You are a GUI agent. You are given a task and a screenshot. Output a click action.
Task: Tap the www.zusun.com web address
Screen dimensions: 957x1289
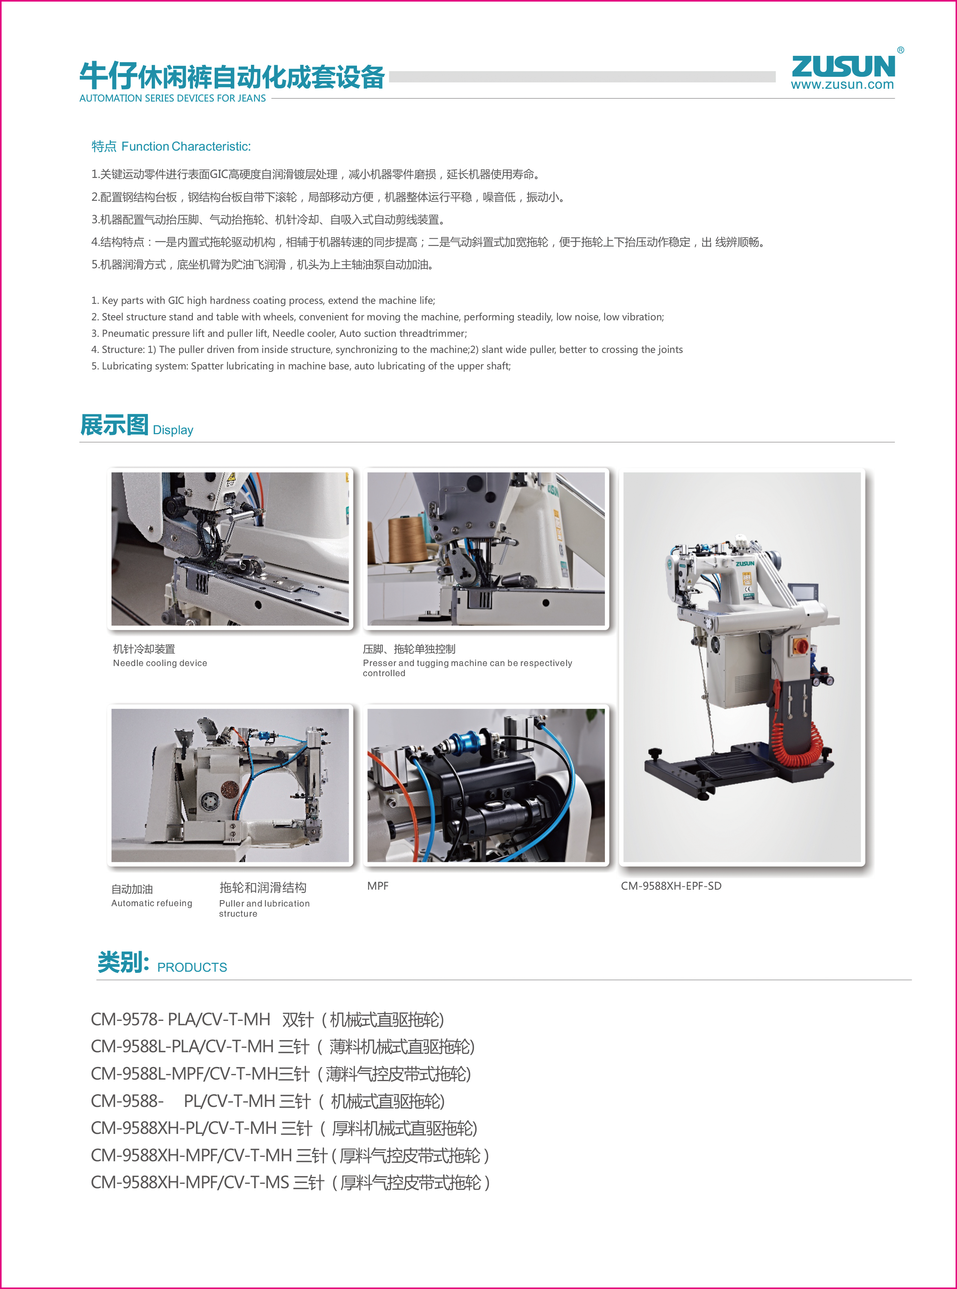[x=842, y=85]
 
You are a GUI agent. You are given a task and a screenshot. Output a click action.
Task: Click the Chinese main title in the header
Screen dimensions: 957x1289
[x=232, y=76]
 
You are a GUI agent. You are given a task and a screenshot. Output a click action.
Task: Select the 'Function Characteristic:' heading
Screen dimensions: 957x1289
[x=186, y=146]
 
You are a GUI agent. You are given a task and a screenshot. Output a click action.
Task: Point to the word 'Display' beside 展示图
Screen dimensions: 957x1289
[x=173, y=430]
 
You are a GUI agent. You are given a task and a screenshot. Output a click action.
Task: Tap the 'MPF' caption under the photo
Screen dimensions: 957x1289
[x=378, y=886]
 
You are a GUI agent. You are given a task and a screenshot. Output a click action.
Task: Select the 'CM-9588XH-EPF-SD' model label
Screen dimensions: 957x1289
[x=672, y=886]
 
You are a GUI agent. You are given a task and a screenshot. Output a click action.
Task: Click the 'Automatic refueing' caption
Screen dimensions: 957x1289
[x=152, y=903]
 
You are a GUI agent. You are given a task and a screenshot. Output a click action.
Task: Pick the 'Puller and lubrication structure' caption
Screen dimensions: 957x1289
[x=264, y=908]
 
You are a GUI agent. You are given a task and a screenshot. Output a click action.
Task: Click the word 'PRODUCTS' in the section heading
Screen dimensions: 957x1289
[x=192, y=968]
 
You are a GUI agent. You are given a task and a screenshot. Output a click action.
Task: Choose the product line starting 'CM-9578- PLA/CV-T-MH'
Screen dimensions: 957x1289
[x=268, y=1020]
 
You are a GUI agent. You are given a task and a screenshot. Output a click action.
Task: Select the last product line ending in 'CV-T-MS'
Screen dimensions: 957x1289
[x=291, y=1182]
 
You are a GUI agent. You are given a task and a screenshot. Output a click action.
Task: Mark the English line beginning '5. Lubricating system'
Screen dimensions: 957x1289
[x=301, y=366]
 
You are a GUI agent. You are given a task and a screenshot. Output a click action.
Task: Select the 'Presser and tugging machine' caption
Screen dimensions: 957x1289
[x=467, y=668]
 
